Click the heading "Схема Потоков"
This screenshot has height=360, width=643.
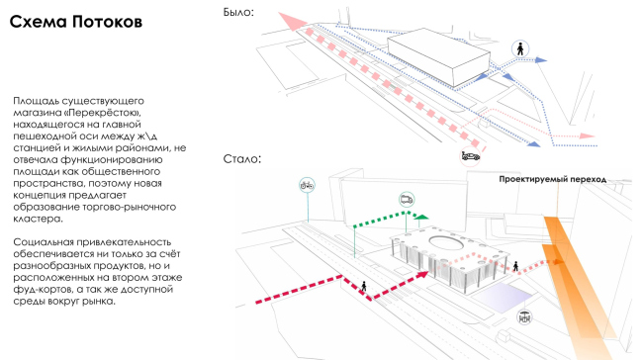[x=76, y=22]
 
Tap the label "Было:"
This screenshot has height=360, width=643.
[x=238, y=12]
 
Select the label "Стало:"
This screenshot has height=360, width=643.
[x=242, y=158]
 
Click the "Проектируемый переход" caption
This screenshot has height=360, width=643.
[x=552, y=179]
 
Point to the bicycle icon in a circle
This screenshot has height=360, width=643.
[x=307, y=185]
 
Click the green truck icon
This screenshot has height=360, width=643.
[x=407, y=200]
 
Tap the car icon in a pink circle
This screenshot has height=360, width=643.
[x=470, y=156]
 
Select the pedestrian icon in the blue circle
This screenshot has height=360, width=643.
[x=520, y=48]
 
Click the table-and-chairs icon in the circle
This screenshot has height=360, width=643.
[x=524, y=316]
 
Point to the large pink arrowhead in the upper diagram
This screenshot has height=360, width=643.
[x=292, y=21]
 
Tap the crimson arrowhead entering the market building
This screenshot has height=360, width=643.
[x=422, y=276]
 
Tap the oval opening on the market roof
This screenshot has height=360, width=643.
[x=446, y=242]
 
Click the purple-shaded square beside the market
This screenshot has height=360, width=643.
[x=504, y=296]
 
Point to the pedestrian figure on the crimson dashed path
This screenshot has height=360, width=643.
[x=364, y=286]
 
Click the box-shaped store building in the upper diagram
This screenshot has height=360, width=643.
[x=439, y=56]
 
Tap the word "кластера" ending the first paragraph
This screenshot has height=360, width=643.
[x=39, y=219]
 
